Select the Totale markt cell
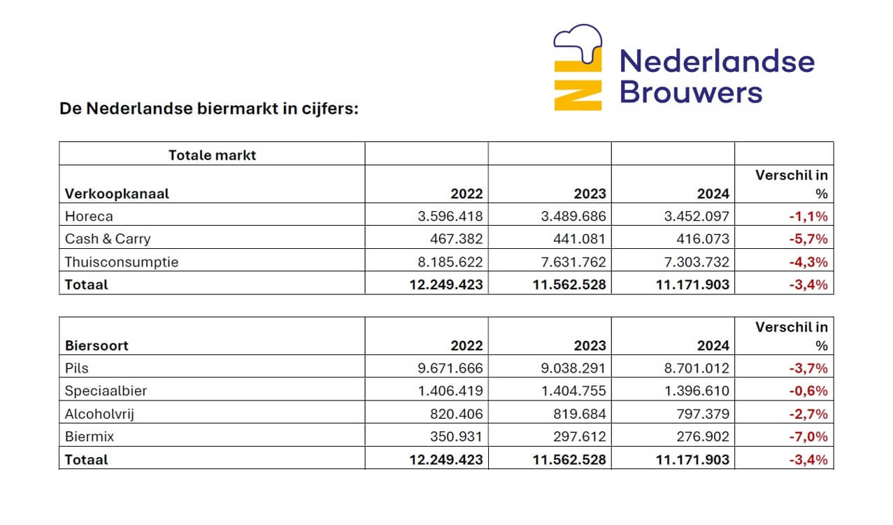(212, 154)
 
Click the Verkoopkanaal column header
(117, 194)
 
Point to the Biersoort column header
(97, 345)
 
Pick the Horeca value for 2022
(449, 216)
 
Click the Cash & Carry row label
(108, 238)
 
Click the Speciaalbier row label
(106, 391)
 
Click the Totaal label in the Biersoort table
(87, 459)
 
